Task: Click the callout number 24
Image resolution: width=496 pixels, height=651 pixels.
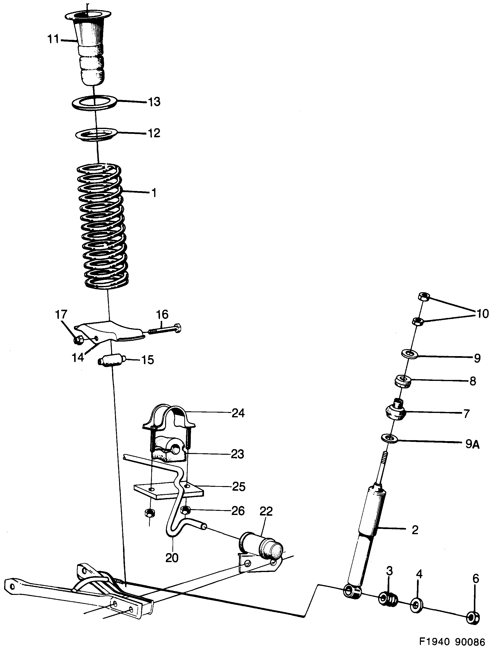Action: point(238,413)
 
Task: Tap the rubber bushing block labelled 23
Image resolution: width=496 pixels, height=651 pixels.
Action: point(168,453)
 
